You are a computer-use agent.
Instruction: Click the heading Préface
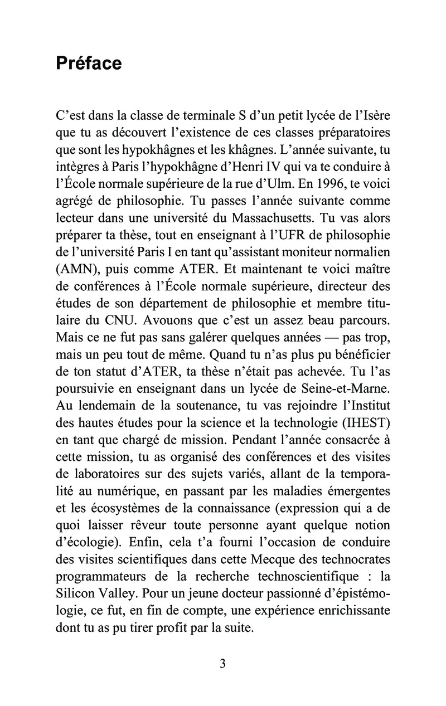pyautogui.click(x=89, y=64)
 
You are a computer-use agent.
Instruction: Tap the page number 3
pyautogui.click(x=222, y=663)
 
